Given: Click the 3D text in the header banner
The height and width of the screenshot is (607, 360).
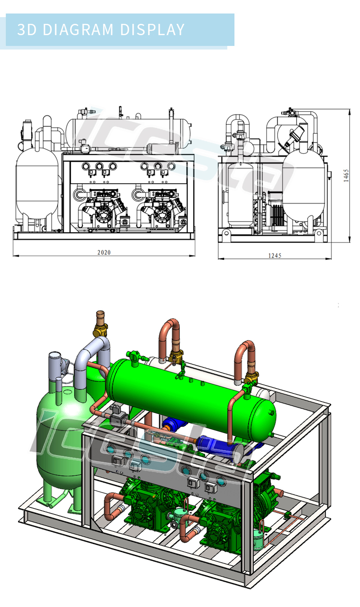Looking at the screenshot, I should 27,30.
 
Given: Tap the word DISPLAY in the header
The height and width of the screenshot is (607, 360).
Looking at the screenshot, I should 153,30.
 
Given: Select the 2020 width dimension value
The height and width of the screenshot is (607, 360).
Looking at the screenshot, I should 104,253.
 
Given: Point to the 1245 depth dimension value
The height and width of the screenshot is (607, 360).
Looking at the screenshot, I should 274,256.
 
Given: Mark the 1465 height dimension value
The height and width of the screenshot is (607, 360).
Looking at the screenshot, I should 346,176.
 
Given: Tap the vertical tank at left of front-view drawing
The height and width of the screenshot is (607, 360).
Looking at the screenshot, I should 37,185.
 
